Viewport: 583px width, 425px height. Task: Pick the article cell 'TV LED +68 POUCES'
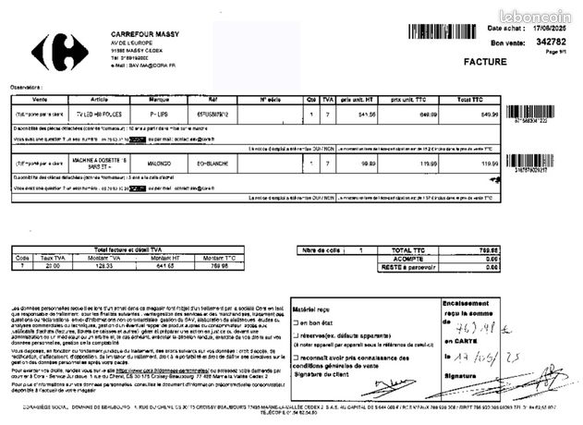coord(95,114)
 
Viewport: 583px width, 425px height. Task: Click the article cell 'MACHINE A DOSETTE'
coord(95,163)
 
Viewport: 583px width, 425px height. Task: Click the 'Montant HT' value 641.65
coord(165,266)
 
